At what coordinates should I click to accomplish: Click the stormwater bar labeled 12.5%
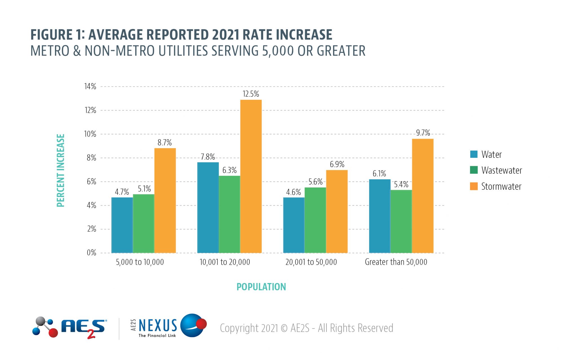[251, 176]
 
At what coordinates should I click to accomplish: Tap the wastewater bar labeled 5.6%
[315, 220]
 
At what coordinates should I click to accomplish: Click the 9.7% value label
[423, 133]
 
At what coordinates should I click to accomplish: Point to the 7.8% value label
[208, 157]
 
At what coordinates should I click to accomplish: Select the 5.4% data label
[401, 185]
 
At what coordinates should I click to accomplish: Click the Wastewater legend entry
[501, 170]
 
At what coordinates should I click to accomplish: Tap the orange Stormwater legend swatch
[474, 186]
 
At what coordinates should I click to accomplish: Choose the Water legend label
[491, 154]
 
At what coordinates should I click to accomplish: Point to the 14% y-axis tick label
[90, 86]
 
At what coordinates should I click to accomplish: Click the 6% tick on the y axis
[91, 182]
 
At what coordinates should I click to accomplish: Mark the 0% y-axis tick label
[91, 253]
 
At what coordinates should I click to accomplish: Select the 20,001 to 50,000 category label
[311, 262]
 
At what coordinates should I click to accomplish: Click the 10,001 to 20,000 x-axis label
[225, 262]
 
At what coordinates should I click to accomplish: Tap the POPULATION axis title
[261, 287]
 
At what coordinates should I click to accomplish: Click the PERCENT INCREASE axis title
[61, 170]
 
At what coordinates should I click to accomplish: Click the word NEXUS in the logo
[158, 325]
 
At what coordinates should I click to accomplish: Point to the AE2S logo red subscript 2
[91, 335]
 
